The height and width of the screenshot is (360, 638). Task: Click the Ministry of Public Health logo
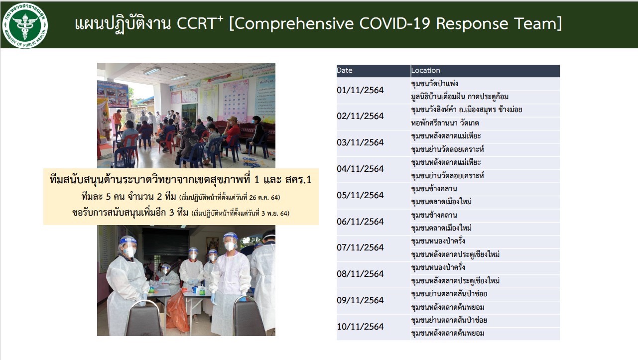click(x=25, y=25)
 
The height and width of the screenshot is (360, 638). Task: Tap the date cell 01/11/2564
click(x=360, y=90)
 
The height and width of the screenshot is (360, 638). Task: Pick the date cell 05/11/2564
click(x=360, y=195)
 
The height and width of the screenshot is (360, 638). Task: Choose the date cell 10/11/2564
click(x=360, y=327)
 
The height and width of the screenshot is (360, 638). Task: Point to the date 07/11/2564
click(x=360, y=247)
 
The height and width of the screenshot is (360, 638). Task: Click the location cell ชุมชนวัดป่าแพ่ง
click(x=434, y=84)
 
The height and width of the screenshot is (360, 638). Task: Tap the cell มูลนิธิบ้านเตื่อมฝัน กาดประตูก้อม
click(x=460, y=97)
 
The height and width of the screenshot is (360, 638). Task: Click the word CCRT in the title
click(x=196, y=23)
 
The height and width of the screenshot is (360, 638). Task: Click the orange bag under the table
click(x=178, y=311)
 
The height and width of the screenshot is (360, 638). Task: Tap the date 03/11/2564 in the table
click(x=360, y=142)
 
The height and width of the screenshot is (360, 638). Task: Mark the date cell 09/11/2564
click(x=360, y=300)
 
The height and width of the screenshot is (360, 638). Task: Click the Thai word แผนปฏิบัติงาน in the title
click(x=123, y=24)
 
